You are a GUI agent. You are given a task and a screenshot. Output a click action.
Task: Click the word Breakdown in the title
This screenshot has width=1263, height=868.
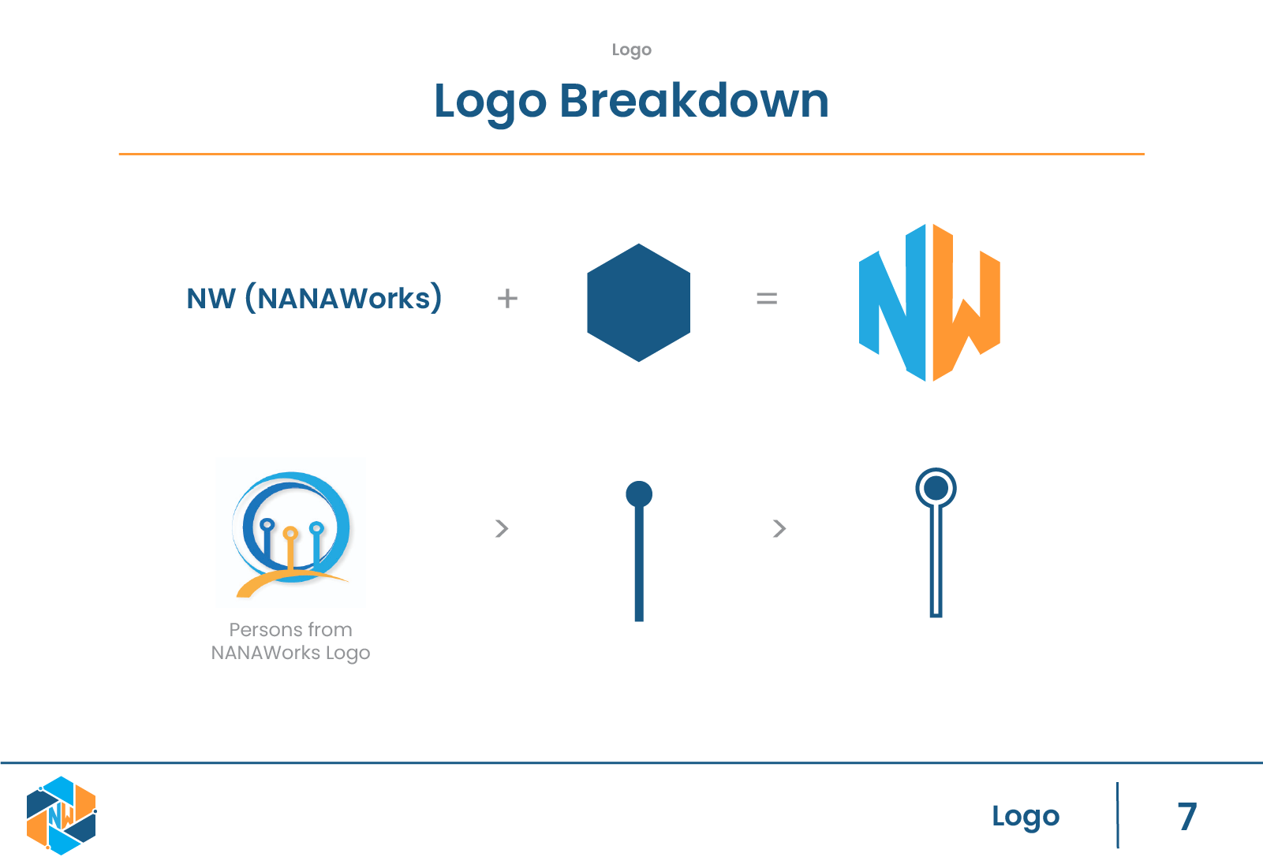694,101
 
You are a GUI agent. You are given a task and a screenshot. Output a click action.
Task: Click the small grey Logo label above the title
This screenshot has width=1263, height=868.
631,50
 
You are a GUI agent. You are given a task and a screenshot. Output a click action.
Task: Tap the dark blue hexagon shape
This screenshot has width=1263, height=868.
638,303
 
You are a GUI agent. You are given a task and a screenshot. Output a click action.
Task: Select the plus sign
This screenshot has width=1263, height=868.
507,298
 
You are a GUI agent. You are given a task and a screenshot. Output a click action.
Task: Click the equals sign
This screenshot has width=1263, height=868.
766,298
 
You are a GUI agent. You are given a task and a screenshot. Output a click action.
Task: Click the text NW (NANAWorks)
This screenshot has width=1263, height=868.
314,298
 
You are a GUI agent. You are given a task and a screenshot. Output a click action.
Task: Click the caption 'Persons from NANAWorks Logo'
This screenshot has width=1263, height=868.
290,641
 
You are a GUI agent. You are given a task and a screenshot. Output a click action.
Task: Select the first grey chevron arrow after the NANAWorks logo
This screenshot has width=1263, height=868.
501,528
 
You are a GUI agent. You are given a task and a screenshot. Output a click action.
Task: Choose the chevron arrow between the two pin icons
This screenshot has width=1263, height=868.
779,528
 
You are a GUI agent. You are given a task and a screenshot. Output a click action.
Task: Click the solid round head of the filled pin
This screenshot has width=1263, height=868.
639,494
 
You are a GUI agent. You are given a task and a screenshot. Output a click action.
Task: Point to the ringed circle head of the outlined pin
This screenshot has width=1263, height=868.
936,488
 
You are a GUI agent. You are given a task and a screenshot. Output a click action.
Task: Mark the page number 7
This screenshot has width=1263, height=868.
1186,816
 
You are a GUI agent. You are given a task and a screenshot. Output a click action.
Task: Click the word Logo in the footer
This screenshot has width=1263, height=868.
1026,816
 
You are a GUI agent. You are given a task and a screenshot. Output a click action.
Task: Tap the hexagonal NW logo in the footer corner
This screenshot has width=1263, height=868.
61,815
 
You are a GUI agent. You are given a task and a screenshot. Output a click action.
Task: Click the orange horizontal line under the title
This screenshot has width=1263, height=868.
631,154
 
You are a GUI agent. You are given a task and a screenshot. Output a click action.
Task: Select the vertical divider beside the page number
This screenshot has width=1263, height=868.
1118,815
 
